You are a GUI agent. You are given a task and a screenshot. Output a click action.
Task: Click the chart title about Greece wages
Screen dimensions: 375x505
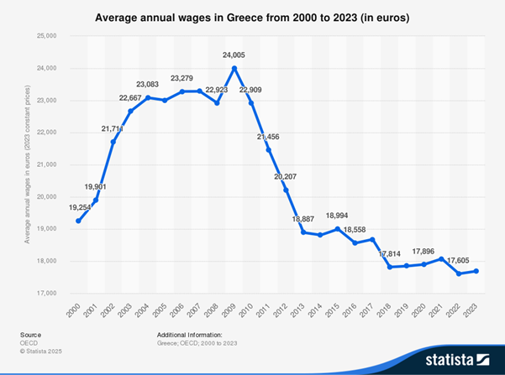252,16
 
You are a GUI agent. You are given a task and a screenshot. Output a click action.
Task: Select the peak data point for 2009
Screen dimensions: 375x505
234,68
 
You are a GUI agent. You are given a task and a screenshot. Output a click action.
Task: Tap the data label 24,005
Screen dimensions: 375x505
234,56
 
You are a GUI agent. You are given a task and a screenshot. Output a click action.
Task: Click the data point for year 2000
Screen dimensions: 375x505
78,221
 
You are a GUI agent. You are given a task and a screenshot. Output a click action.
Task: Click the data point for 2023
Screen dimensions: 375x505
477,270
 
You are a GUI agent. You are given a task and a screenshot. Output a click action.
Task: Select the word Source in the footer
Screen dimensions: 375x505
30,334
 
